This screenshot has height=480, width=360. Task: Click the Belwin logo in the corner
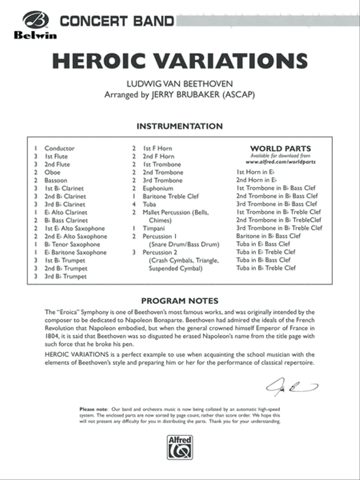[x=35, y=25]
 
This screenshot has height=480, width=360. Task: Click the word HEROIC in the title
[x=103, y=61]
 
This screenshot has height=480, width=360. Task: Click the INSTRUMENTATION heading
[x=180, y=126]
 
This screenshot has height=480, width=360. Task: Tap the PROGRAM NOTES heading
[x=180, y=301]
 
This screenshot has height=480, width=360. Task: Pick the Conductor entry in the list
[x=60, y=148]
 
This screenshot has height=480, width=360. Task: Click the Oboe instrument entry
[x=52, y=172]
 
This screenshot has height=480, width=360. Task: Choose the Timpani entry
[x=154, y=228]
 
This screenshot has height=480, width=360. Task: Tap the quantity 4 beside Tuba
[x=134, y=204]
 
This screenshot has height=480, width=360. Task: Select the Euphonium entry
[x=158, y=188]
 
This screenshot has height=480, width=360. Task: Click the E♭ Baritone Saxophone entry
[x=76, y=252]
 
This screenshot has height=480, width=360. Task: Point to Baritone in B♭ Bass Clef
[x=268, y=236]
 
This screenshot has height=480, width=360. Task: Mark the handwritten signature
[x=292, y=387]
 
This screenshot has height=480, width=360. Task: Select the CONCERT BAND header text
[x=116, y=21]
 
